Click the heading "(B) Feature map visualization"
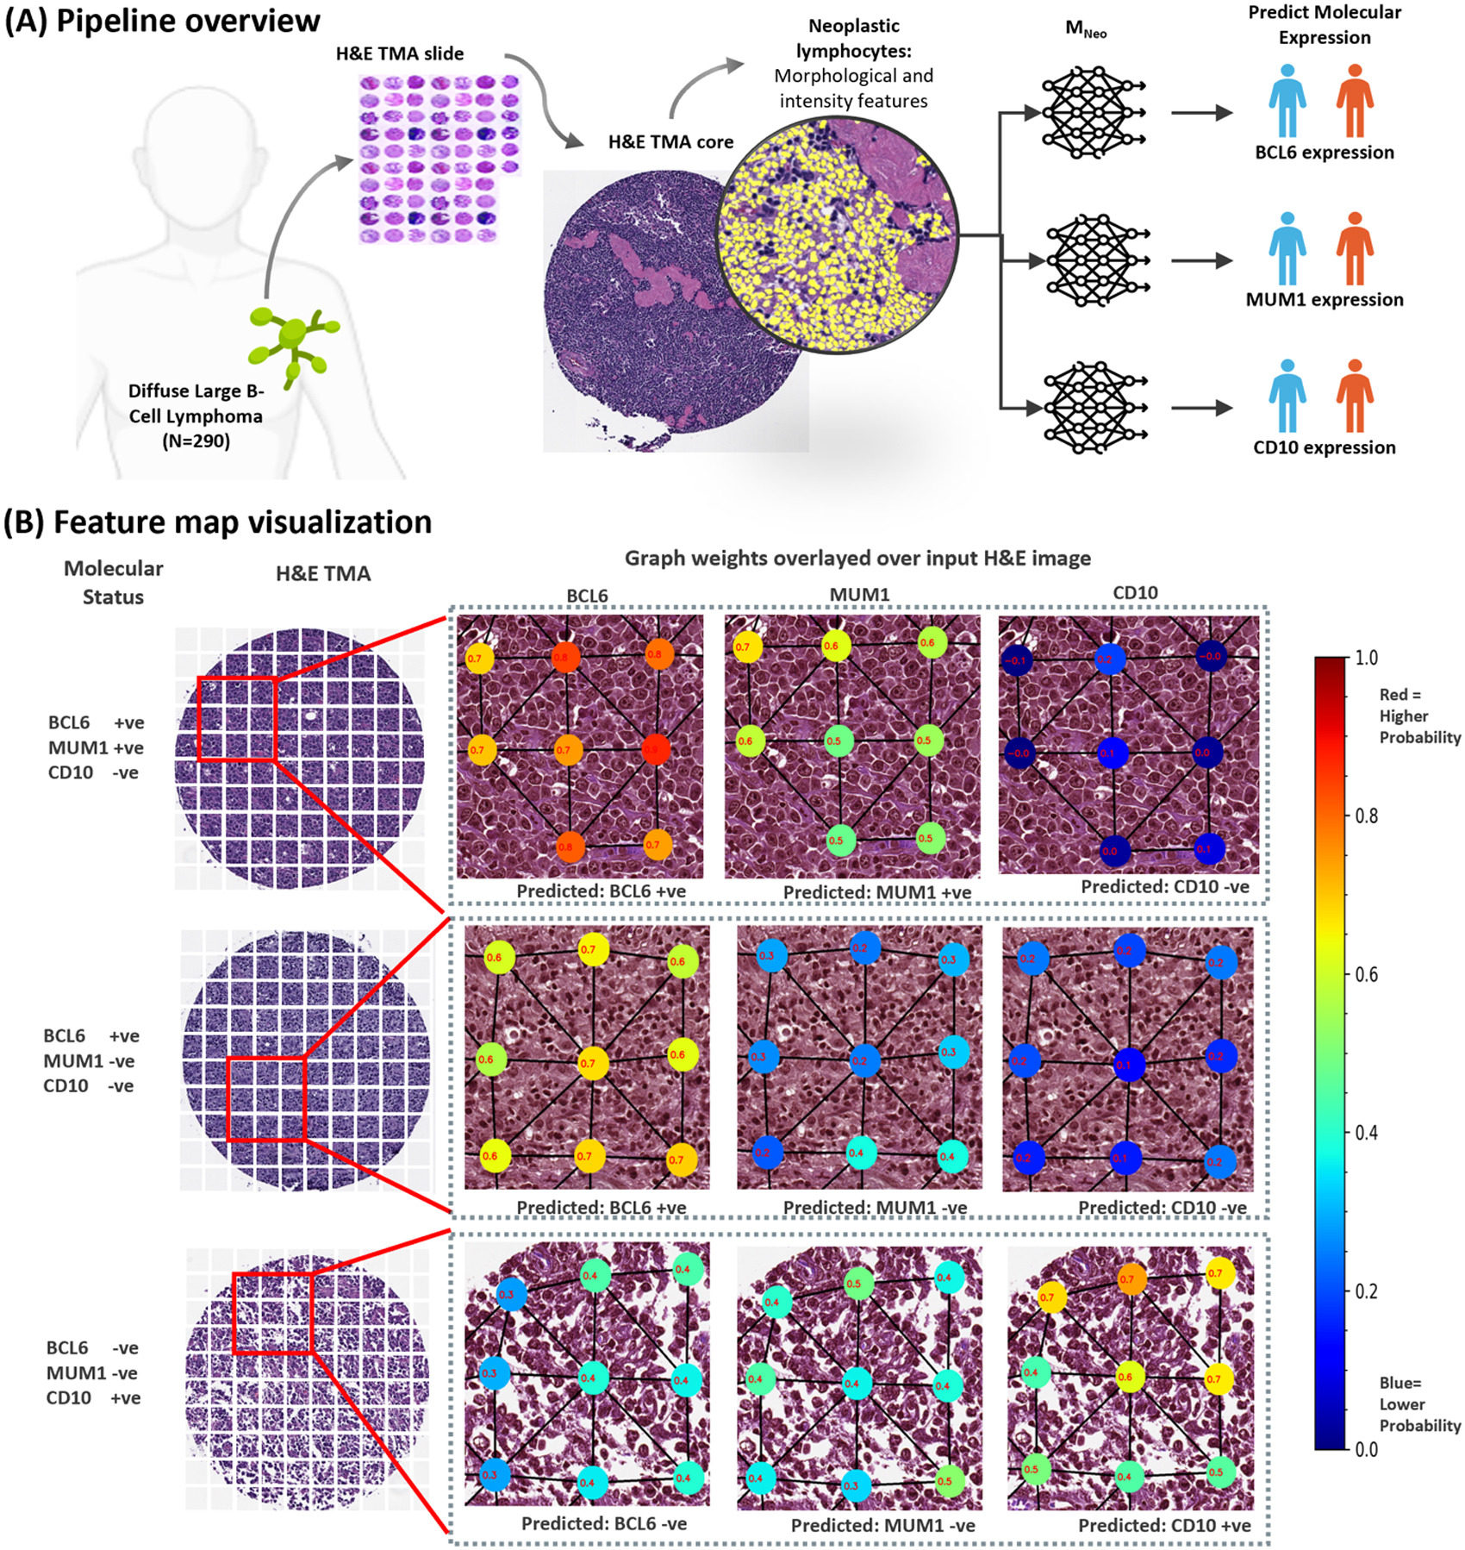click(217, 522)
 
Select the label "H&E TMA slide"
click(400, 53)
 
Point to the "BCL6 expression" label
click(1324, 153)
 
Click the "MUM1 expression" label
click(1324, 300)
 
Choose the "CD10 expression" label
click(1324, 447)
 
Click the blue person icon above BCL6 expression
click(1287, 101)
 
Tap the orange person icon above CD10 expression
click(1355, 396)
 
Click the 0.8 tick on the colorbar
click(1366, 816)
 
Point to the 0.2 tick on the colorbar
click(1366, 1291)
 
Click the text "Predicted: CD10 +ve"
click(1163, 1525)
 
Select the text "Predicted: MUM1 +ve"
click(876, 892)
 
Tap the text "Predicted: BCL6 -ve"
click(603, 1523)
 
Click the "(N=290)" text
click(196, 441)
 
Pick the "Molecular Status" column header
click(113, 583)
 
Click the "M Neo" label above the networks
click(1086, 29)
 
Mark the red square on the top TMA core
click(236, 719)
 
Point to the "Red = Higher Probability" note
click(1418, 716)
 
